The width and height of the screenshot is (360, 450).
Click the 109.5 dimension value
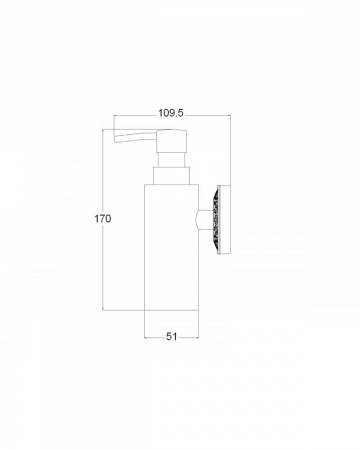point(171,113)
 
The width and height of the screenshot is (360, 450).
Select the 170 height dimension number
point(102,219)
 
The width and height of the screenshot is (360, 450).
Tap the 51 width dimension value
point(171,337)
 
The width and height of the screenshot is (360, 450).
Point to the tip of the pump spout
point(115,140)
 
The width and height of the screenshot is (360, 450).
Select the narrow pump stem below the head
point(171,159)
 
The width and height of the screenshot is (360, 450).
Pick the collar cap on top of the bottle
point(171,175)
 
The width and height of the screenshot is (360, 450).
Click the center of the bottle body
point(171,247)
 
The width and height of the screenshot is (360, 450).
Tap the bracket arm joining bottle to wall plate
point(206,220)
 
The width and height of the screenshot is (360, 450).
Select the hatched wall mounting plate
point(224,220)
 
